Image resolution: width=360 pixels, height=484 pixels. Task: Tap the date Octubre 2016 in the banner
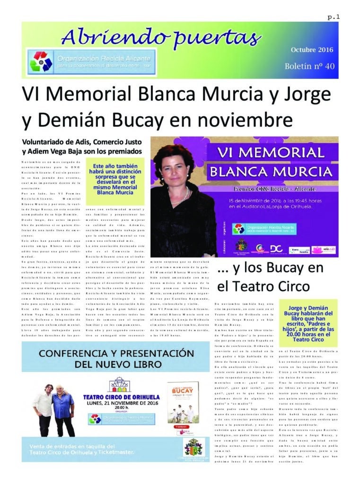point(312,50)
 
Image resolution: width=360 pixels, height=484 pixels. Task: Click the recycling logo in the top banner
point(41,61)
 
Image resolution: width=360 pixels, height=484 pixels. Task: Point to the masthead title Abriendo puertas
point(161,35)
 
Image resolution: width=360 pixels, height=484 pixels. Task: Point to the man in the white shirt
point(44,409)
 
